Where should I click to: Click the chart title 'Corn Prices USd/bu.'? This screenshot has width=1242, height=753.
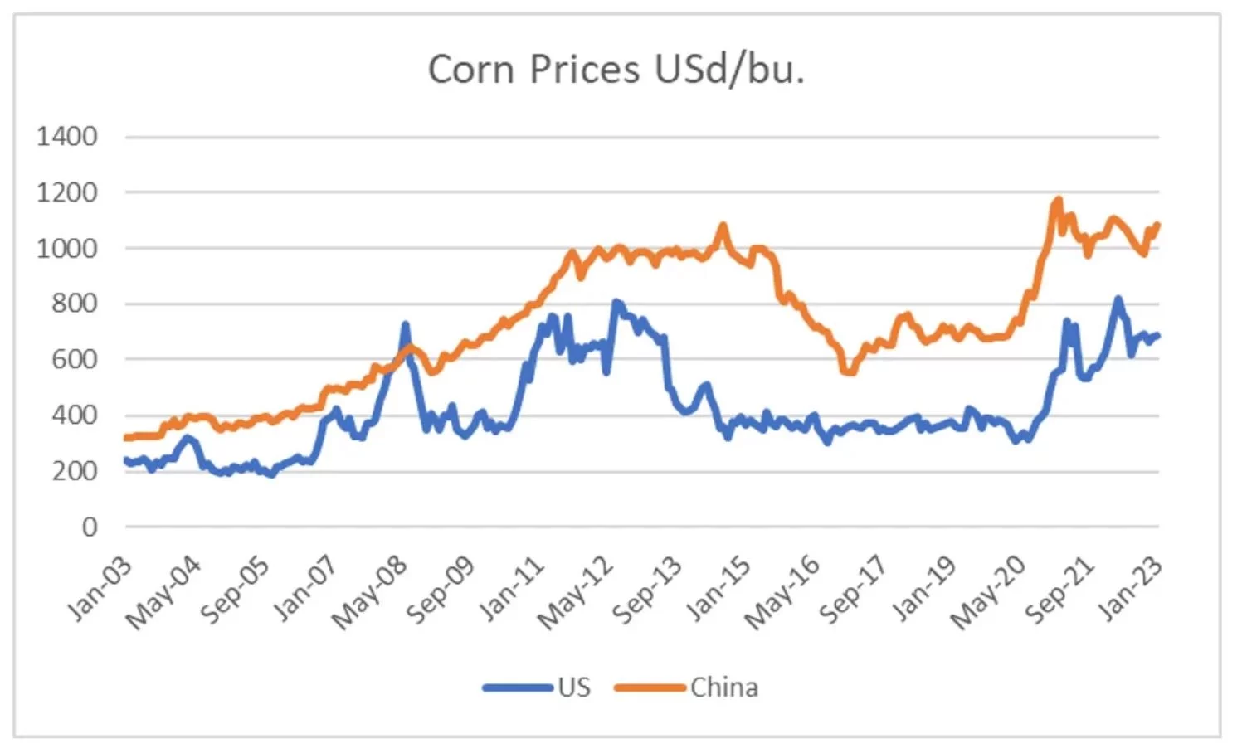(x=616, y=69)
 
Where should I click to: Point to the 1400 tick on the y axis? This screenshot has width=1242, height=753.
(x=66, y=136)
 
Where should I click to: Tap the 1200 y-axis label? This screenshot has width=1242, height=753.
(x=66, y=192)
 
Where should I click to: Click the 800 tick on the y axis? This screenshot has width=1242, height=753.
(x=74, y=304)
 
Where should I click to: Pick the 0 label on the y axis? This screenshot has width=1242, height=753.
(x=89, y=527)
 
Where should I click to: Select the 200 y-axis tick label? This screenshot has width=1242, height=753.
(x=74, y=471)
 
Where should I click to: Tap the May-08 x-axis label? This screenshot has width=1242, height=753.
(x=370, y=592)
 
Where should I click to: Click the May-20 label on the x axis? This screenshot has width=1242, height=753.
(x=987, y=592)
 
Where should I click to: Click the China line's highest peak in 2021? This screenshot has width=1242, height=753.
(x=1058, y=200)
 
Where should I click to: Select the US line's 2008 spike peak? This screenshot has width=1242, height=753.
(x=405, y=324)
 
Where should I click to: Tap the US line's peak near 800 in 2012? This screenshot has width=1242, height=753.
(x=616, y=302)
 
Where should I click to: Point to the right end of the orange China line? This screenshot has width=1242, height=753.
(x=1157, y=224)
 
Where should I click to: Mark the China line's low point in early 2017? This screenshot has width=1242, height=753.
(x=848, y=372)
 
